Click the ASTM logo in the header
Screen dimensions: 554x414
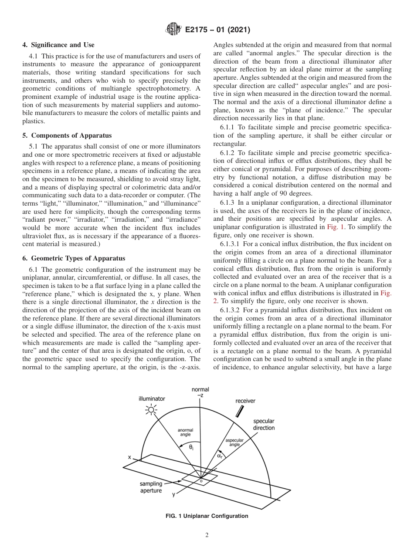tap(174, 30)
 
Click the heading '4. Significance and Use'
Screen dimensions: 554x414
tap(58, 45)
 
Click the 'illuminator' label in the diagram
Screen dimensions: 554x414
tap(152, 399)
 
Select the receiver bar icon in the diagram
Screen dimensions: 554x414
tap(239, 411)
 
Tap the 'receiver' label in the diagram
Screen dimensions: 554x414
tap(245, 401)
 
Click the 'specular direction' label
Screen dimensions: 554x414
tap(264, 425)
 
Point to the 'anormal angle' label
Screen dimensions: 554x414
tap(185, 432)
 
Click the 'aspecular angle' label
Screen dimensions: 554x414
tap(234, 443)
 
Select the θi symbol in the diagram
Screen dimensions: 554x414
tap(191, 447)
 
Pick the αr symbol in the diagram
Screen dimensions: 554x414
tap(220, 456)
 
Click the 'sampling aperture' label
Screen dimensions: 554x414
tap(151, 487)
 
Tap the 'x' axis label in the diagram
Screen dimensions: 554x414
tap(129, 457)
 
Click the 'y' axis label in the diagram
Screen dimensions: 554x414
tap(174, 494)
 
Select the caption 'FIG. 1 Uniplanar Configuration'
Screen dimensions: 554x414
tap(207, 516)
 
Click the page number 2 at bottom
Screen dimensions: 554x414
tap(207, 535)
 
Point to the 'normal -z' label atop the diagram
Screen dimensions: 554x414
tap(200, 392)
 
